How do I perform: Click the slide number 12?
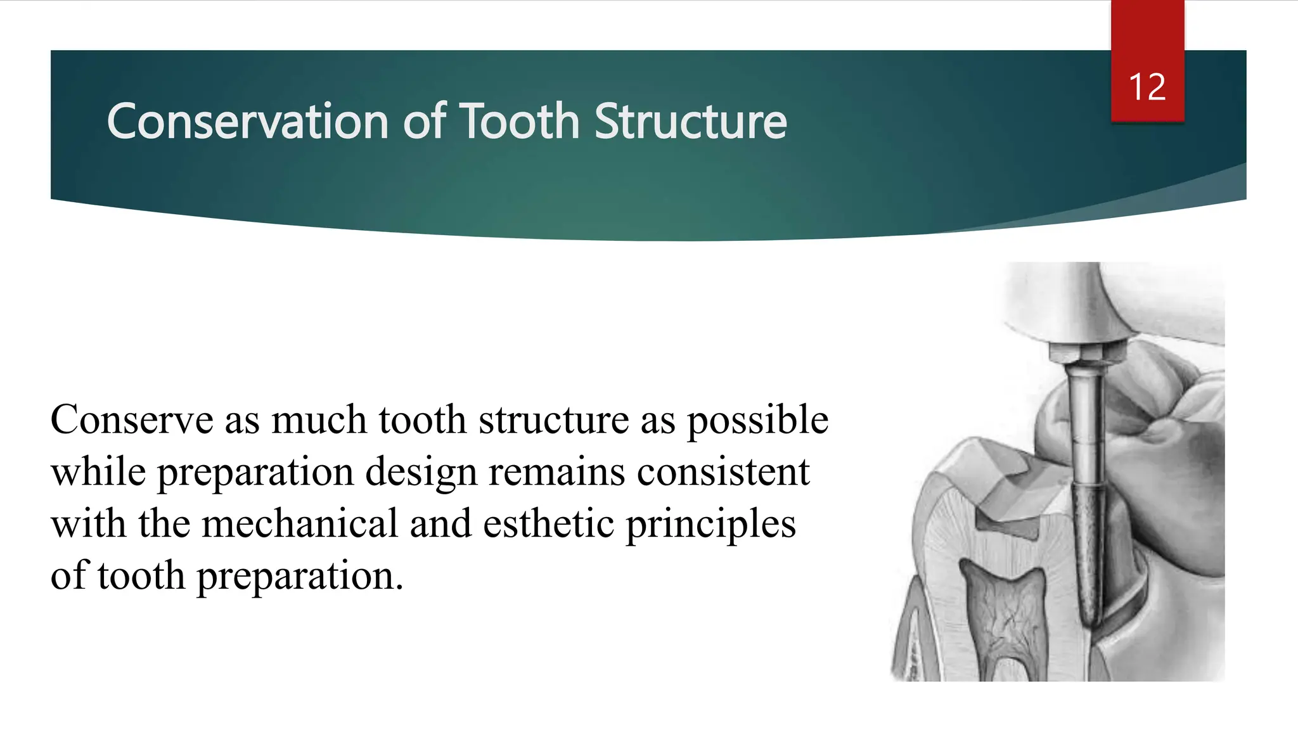[1147, 87]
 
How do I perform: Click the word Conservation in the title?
[247, 121]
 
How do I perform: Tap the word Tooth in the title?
[519, 121]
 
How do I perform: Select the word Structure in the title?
[690, 121]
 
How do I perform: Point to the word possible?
[757, 421]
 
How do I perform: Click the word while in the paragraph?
[98, 472]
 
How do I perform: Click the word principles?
[710, 525]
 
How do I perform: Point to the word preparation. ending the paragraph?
[299, 577]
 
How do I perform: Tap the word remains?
[556, 472]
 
